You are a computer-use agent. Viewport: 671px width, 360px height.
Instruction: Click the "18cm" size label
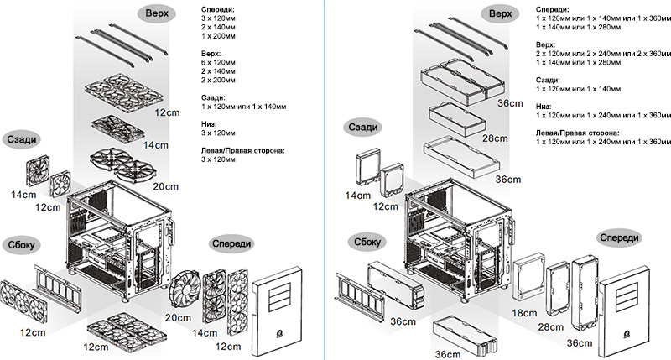524,312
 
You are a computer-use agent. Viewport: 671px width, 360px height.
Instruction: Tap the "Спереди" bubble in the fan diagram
229,242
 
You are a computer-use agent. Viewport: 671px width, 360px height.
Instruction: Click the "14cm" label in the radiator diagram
356,196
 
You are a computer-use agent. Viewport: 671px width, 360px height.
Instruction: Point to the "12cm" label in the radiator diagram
385,206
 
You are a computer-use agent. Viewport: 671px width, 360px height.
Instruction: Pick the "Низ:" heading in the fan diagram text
211,122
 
